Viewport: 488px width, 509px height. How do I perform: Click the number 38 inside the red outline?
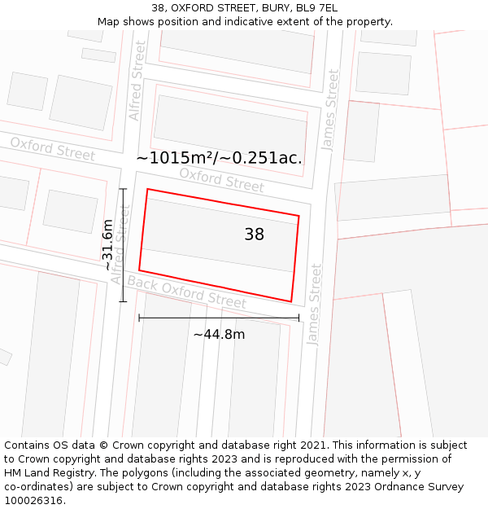point(254,235)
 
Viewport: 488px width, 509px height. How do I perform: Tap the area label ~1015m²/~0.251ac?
point(219,158)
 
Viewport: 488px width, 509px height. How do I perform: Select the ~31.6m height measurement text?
point(108,245)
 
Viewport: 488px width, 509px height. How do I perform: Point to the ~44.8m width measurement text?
point(219,334)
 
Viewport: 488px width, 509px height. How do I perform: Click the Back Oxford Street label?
point(186,292)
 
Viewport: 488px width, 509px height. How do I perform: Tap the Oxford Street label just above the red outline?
point(221,180)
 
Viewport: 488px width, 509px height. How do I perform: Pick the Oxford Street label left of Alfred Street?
point(52,149)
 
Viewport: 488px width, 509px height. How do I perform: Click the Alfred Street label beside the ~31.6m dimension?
point(120,244)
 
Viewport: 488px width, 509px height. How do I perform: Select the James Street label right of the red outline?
point(314,304)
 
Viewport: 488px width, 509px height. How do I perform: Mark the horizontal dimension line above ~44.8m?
point(219,318)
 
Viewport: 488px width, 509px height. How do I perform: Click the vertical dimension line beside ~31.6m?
point(123,245)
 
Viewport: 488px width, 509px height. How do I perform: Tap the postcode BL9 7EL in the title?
point(316,8)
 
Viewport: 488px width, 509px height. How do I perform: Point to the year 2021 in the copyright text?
point(312,445)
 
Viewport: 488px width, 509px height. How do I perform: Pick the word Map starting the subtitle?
point(110,22)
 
